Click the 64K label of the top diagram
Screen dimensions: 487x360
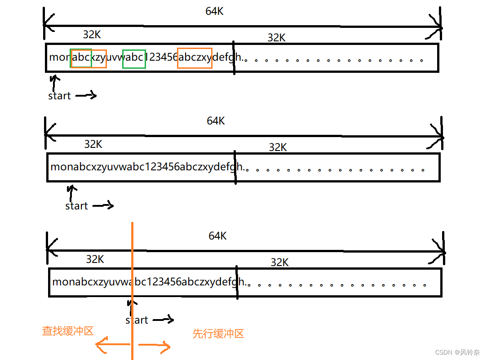[x=214, y=12]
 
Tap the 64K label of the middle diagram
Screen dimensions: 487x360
[x=216, y=121]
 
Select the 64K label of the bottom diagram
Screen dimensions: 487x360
[x=217, y=236]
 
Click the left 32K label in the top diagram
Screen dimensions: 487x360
[x=92, y=35]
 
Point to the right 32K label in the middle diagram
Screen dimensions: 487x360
[x=278, y=147]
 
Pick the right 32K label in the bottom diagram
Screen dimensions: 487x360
[x=279, y=262]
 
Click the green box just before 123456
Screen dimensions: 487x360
[x=134, y=59]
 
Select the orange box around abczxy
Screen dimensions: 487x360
[x=195, y=58]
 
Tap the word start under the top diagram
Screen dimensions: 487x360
[x=59, y=96]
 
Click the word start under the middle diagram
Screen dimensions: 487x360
[x=76, y=206]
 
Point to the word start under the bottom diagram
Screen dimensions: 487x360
[x=137, y=320]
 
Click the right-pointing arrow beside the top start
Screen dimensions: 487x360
[x=86, y=95]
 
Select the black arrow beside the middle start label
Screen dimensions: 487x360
[x=103, y=205]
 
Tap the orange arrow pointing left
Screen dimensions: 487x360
[x=112, y=345]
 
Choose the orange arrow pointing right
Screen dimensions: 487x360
[x=154, y=346]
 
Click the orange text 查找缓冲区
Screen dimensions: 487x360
[x=68, y=331]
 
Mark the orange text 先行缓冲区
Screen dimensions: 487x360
[x=218, y=333]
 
